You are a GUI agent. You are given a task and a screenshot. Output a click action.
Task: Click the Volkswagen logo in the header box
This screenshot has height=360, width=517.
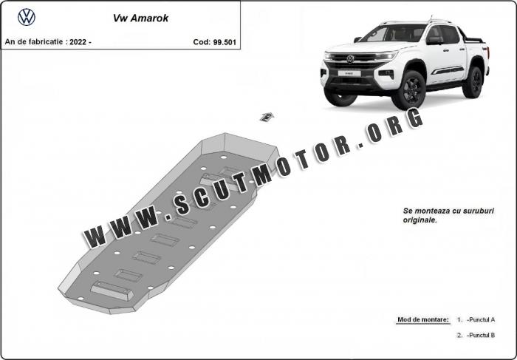coord(27,17)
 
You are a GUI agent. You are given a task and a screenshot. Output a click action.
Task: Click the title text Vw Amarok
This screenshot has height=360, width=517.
coord(141,18)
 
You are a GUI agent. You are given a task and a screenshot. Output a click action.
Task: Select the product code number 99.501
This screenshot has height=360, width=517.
coord(225,42)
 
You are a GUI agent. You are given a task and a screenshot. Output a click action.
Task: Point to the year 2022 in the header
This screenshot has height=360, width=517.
coord(78,42)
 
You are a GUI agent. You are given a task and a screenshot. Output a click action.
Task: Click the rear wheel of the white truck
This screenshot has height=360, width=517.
coord(473,82)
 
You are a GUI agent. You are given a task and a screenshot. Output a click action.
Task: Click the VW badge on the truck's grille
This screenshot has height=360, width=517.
coord(350,59)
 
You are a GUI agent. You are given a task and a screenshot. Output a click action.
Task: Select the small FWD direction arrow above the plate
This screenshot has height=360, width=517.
coord(267,117)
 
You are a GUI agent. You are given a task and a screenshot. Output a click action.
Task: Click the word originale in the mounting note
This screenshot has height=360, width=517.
coord(420,220)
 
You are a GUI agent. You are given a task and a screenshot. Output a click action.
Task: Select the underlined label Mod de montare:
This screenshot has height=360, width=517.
coord(423,319)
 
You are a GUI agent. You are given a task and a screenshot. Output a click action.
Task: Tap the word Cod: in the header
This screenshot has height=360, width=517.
coord(202,42)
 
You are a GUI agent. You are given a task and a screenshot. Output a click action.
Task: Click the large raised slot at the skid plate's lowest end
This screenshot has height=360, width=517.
coord(112,291)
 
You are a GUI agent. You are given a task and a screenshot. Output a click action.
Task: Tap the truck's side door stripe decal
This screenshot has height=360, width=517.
coord(448,70)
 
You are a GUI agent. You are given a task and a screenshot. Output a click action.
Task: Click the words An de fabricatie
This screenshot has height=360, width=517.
coord(34,42)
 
